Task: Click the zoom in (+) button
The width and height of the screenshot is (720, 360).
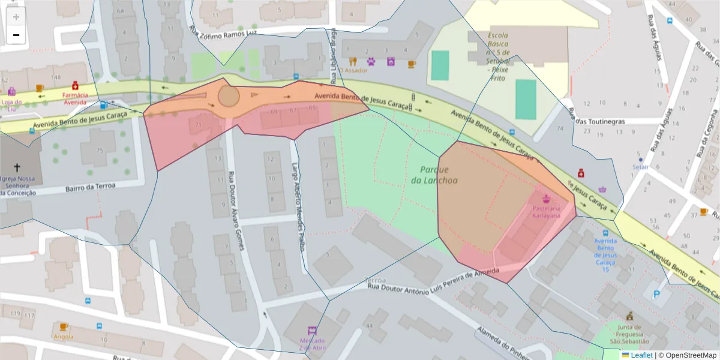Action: (x=16, y=17)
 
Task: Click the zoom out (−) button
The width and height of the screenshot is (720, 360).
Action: (x=16, y=35)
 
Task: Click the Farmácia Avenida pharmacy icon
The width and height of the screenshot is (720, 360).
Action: (x=75, y=85)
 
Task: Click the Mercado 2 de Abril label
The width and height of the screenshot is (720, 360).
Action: (x=311, y=344)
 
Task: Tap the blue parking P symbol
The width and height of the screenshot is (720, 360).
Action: (x=658, y=295)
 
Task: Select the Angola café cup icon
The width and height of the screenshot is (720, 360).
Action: (x=64, y=327)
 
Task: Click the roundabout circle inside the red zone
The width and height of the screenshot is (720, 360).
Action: (x=228, y=95)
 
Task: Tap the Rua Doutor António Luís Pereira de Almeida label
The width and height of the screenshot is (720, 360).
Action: (x=432, y=283)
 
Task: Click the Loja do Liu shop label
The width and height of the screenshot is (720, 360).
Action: (x=11, y=101)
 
